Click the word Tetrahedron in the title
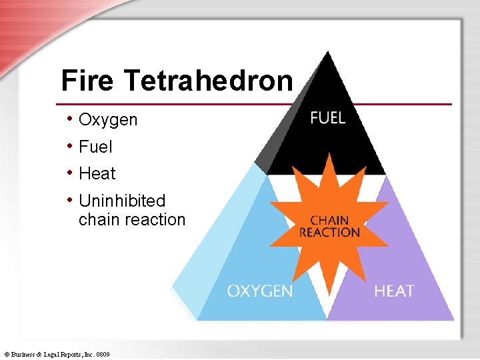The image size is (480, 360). click(208, 81)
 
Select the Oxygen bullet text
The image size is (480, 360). click(108, 120)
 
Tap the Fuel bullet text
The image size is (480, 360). click(95, 147)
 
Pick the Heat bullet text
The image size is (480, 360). click(97, 174)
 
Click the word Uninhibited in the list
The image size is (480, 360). click(122, 201)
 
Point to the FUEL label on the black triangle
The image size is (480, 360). click(328, 118)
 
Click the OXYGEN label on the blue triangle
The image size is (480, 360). click(259, 291)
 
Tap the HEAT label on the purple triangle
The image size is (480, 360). click(394, 291)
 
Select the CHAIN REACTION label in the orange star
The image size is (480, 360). click(329, 227)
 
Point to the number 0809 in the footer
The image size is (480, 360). click(103, 354)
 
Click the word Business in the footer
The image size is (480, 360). click(24, 354)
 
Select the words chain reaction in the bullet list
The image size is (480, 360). click(131, 219)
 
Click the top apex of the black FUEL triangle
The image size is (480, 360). click(327, 52)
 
